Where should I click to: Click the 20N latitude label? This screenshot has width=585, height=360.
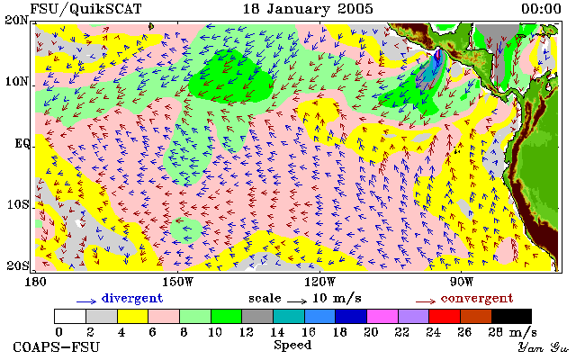tap(16, 20)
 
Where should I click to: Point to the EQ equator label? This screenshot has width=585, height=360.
tap(22, 143)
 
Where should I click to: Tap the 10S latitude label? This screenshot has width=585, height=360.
tap(18, 204)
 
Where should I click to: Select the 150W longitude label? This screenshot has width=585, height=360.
tap(178, 282)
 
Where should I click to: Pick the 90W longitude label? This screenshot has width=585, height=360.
tap(461, 282)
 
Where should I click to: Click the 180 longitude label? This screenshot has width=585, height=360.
tap(35, 282)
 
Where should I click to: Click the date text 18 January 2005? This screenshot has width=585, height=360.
tap(308, 9)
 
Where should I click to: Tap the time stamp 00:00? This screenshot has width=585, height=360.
tap(541, 9)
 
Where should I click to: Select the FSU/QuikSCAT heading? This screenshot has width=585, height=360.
tap(85, 9)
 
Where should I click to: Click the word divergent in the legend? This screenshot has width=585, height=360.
tap(132, 298)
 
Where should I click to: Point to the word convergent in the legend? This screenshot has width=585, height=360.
tap(477, 298)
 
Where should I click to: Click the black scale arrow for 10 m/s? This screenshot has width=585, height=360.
tap(297, 301)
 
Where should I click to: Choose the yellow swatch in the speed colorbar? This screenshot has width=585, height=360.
tap(133, 316)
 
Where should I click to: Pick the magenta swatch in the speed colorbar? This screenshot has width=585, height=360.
tap(382, 316)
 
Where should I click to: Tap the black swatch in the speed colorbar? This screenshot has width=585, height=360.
tap(511, 316)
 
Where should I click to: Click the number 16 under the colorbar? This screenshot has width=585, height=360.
tap(308, 332)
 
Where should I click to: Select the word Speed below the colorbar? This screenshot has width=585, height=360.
tap(292, 345)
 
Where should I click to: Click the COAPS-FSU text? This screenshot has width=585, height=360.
tap(57, 347)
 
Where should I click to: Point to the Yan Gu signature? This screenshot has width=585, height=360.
tap(543, 347)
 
